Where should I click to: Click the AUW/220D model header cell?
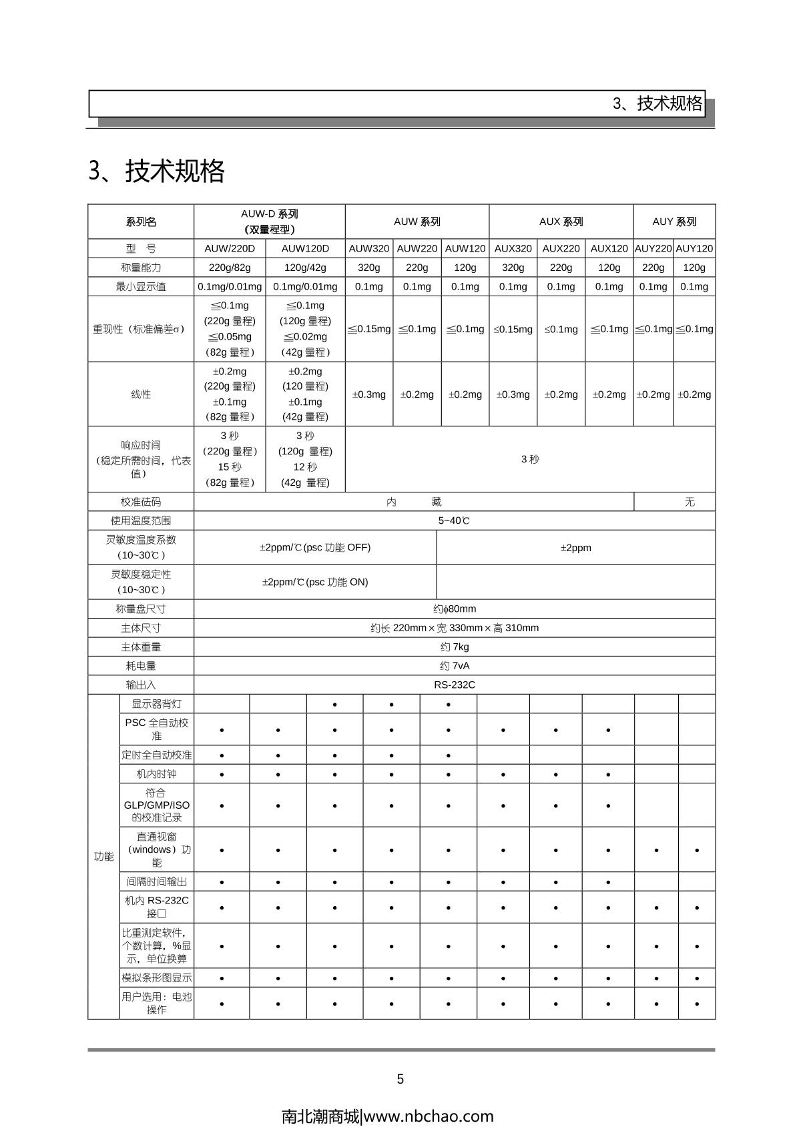pos(230,248)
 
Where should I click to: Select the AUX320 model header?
pos(513,248)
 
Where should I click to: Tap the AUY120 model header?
pos(694,248)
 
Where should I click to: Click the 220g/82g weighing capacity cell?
pos(230,268)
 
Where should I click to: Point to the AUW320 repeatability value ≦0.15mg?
pos(369,329)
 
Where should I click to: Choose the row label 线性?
pos(141,394)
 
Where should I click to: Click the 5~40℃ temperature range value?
pos(454,520)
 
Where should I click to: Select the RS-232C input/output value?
pos(455,685)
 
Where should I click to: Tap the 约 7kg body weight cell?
pos(455,647)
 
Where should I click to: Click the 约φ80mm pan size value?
pos(455,609)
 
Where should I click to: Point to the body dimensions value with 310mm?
pos(455,628)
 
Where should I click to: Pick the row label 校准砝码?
pos(141,502)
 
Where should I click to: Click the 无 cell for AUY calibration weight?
pos(690,502)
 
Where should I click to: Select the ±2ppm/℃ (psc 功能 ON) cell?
pos(315,582)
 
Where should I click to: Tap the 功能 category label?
pos(103,856)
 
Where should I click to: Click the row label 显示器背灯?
pos(156,704)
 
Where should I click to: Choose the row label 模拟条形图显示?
pos(156,978)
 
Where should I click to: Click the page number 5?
pos(400,1079)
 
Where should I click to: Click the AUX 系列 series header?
pos(561,222)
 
